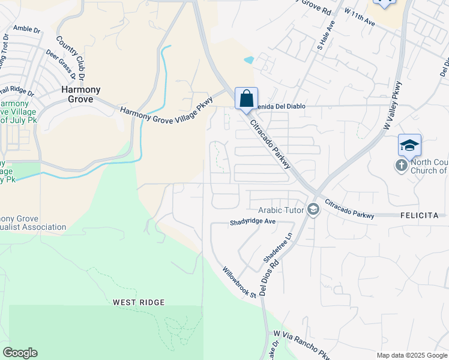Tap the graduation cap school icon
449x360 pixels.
(x=409, y=146)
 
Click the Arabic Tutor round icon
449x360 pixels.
(x=312, y=209)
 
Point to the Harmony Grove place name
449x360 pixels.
(x=81, y=94)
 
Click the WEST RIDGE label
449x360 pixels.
(x=138, y=302)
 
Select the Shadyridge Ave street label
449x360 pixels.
(x=252, y=222)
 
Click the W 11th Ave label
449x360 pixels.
(x=360, y=19)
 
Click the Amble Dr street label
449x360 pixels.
(x=26, y=28)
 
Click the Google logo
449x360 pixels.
(x=20, y=353)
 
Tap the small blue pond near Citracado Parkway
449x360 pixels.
(x=249, y=59)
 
